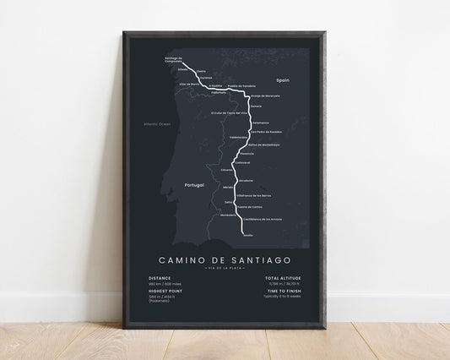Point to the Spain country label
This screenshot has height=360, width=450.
click(x=282, y=79)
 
